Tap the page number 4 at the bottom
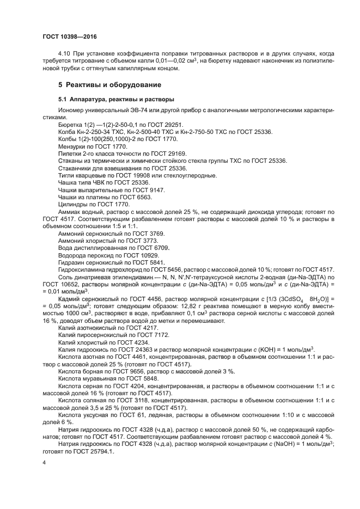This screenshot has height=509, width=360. (44, 462)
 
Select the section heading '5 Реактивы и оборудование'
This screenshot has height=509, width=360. (109, 85)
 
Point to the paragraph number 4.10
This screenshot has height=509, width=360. (64, 54)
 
